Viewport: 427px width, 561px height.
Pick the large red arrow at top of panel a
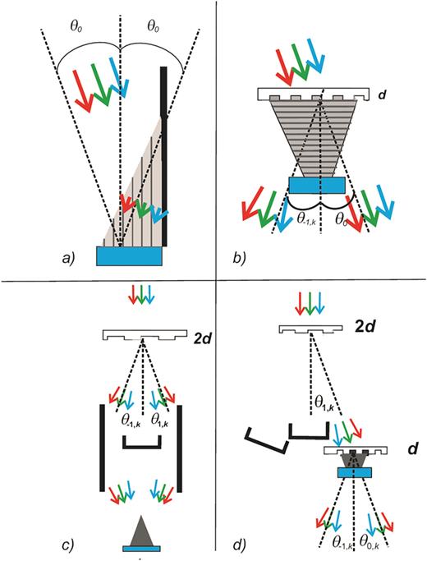pos(83,90)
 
